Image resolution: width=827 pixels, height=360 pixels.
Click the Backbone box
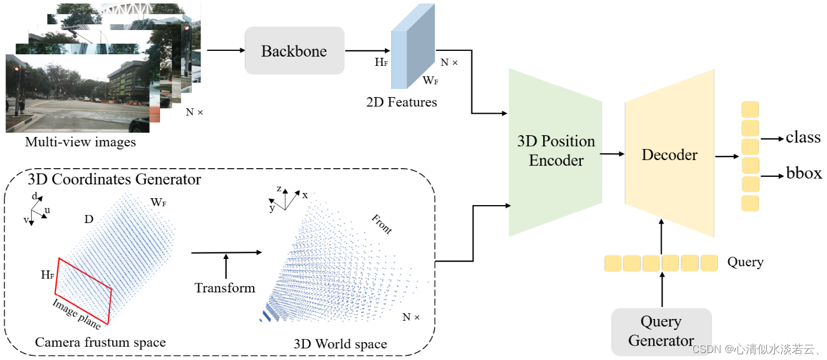pyautogui.click(x=294, y=51)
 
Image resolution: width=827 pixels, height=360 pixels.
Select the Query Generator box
pyautogui.click(x=661, y=331)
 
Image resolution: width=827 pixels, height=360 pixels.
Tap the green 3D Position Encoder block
pyautogui.click(x=555, y=151)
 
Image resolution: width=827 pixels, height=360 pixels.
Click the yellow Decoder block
pyautogui.click(x=669, y=155)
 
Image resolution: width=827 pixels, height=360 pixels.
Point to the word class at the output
pyautogui.click(x=803, y=138)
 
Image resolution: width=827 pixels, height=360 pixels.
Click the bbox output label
pyautogui.click(x=803, y=173)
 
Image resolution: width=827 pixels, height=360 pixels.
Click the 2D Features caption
pyautogui.click(x=401, y=102)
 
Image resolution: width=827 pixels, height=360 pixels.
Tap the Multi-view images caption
pyautogui.click(x=80, y=142)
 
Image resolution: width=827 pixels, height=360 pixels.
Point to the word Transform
pyautogui.click(x=225, y=287)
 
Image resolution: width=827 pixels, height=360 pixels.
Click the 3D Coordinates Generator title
pyautogui.click(x=114, y=179)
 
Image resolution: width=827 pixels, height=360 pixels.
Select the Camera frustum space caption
pyautogui.click(x=100, y=342)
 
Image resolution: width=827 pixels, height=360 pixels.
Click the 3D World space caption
pyautogui.click(x=340, y=344)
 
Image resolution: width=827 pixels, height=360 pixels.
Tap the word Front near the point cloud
pyautogui.click(x=381, y=224)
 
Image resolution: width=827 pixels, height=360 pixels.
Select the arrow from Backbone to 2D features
pyautogui.click(x=368, y=51)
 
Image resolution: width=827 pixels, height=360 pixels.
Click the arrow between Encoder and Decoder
pyautogui.click(x=613, y=154)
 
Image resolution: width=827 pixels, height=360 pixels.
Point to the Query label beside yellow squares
pyautogui.click(x=745, y=262)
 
